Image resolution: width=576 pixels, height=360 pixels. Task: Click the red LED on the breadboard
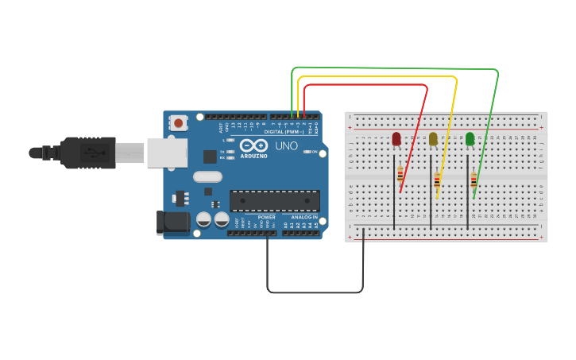click(396, 139)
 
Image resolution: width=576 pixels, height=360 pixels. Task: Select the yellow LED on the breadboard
click(433, 139)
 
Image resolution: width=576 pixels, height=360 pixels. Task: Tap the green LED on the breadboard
click(470, 139)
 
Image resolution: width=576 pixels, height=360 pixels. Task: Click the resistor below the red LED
click(400, 176)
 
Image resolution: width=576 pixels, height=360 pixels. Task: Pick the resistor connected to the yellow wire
click(437, 181)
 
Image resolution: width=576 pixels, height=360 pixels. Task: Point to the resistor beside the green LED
click(474, 180)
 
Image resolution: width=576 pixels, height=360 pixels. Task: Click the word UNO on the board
click(286, 146)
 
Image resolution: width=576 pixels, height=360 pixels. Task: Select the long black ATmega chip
click(275, 201)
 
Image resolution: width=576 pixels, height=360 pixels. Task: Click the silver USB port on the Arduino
click(167, 153)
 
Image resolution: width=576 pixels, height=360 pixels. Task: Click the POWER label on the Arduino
click(266, 217)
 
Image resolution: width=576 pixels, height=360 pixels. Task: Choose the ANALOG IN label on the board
click(303, 217)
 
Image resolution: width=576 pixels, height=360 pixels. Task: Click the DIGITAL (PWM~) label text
click(284, 132)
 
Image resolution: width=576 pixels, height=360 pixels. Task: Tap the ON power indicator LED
click(307, 152)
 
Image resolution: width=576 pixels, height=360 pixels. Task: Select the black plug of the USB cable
click(87, 153)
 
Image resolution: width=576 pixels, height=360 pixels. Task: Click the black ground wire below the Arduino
click(315, 292)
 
